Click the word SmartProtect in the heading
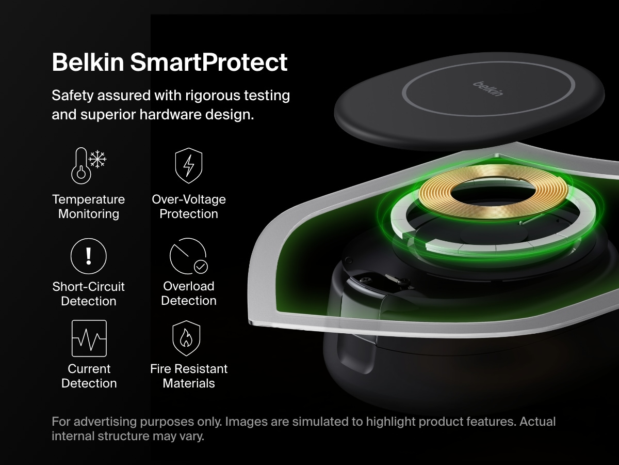pyautogui.click(x=208, y=63)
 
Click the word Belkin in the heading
pyautogui.click(x=88, y=63)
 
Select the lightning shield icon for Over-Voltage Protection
pyautogui.click(x=189, y=166)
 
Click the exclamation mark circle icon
pyautogui.click(x=89, y=255)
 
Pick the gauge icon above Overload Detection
pyautogui.click(x=187, y=255)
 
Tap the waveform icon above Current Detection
pyautogui.click(x=89, y=338)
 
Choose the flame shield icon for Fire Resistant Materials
pyautogui.click(x=186, y=338)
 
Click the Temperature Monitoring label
pyautogui.click(x=89, y=207)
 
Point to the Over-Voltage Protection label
pyautogui.click(x=189, y=207)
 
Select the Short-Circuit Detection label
pyautogui.click(x=89, y=293)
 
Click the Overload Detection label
pyautogui.click(x=189, y=293)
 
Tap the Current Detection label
pyautogui.click(x=89, y=376)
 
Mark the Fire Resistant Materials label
pyautogui.click(x=189, y=376)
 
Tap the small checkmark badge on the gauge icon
pyautogui.click(x=200, y=267)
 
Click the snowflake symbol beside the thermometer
pyautogui.click(x=97, y=159)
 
